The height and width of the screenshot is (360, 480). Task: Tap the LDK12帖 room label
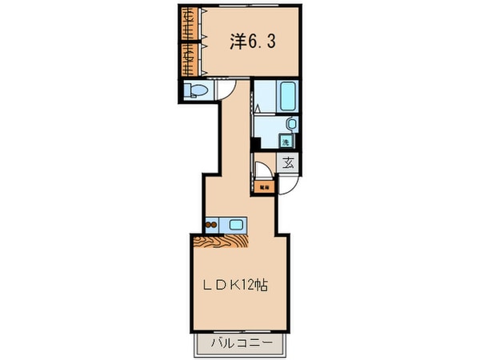pos(234,286)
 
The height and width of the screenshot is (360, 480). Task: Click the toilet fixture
pos(194,92)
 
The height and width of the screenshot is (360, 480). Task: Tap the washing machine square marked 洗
pos(286,142)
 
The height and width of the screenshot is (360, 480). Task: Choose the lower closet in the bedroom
pos(187,58)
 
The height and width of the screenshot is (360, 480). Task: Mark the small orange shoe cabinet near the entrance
pos(265,188)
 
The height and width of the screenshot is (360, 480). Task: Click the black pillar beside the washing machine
pos(254,144)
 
